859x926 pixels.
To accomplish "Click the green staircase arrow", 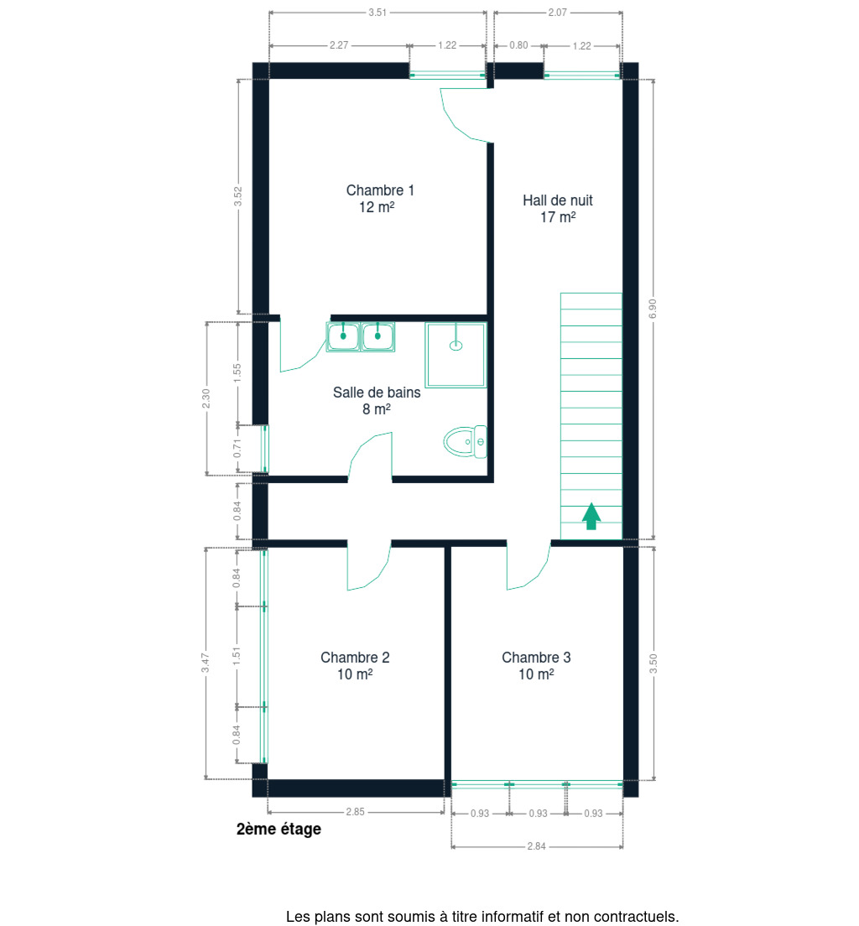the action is pyautogui.click(x=591, y=516).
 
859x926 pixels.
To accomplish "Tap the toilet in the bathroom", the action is pyautogui.click(x=465, y=442).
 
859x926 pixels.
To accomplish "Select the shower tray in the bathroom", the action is pyautogui.click(x=456, y=355).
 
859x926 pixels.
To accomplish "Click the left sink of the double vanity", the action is pyautogui.click(x=342, y=336).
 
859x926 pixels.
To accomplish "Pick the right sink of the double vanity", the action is pyautogui.click(x=377, y=336).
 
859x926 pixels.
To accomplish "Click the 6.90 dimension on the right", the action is pyautogui.click(x=653, y=309).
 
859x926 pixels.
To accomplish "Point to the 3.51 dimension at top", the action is pyautogui.click(x=377, y=13).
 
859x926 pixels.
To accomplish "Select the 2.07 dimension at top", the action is pyautogui.click(x=558, y=13).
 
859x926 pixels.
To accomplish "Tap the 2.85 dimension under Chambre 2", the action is pyautogui.click(x=355, y=812).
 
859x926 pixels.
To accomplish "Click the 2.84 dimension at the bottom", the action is pyautogui.click(x=536, y=846).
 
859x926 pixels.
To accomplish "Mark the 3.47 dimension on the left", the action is pyautogui.click(x=205, y=663).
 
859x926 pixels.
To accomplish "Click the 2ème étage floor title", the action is pyautogui.click(x=279, y=830).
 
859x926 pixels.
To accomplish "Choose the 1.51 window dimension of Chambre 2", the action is pyautogui.click(x=237, y=656).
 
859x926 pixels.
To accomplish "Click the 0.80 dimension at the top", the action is pyautogui.click(x=518, y=45).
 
